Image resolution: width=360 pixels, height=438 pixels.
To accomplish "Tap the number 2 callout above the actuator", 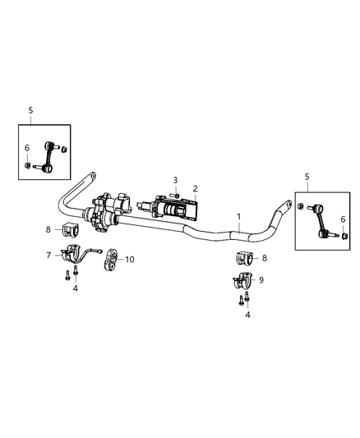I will [195, 188].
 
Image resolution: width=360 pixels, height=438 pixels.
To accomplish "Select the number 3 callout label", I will [174, 179].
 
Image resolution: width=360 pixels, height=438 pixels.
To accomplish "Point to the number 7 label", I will [48, 256].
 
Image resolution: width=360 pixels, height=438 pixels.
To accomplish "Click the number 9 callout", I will [262, 279].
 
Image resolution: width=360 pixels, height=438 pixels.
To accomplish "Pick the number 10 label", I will [130, 260].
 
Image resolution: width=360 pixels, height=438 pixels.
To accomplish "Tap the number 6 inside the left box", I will [26, 148].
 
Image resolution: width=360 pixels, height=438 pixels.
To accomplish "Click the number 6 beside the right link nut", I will [342, 241].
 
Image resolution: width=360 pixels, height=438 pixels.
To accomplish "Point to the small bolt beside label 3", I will [174, 194].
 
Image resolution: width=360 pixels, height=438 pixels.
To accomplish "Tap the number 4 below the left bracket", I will [75, 288].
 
